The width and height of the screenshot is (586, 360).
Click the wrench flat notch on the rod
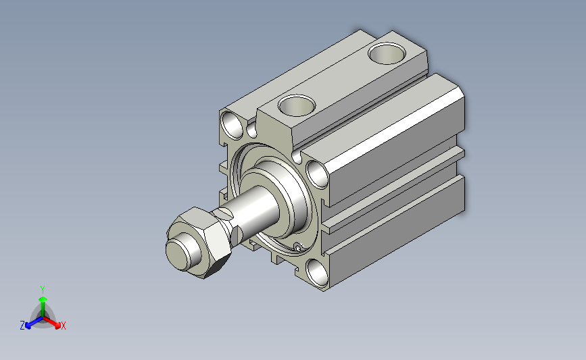[x=226, y=213]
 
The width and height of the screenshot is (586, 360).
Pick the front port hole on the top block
[x=297, y=105]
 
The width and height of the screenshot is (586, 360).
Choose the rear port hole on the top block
[x=387, y=53]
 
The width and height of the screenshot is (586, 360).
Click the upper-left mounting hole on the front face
[x=233, y=125]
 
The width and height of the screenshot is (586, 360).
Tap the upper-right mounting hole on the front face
[x=318, y=174]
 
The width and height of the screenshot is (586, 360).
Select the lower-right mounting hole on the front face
[x=317, y=273]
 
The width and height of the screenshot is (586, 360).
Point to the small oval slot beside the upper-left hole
[x=251, y=129]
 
